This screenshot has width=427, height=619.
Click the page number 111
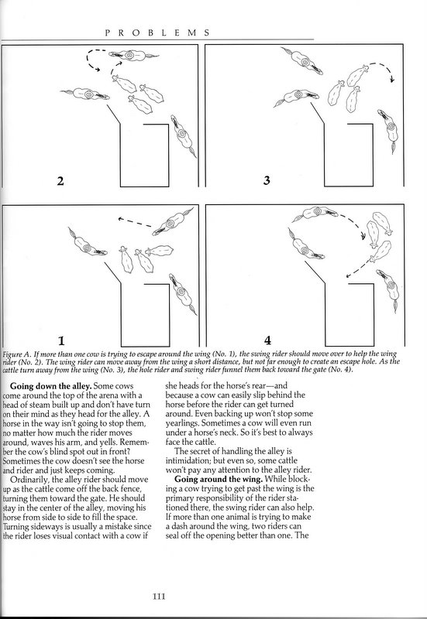click(x=159, y=596)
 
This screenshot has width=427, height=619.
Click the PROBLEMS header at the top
click(x=157, y=33)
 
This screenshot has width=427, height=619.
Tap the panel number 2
click(x=60, y=181)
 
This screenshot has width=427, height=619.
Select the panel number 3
click(x=267, y=180)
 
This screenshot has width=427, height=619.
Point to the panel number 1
click(x=61, y=340)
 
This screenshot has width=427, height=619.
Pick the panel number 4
click(x=267, y=340)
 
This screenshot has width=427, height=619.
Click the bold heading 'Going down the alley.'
click(x=50, y=386)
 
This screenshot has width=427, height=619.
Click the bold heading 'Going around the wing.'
click(x=219, y=479)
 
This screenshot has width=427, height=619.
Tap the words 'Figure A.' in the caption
click(x=16, y=354)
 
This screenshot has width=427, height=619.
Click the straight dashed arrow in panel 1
click(x=134, y=222)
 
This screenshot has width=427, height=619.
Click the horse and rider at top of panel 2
click(x=133, y=55)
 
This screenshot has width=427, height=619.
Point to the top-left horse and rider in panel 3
click(x=302, y=60)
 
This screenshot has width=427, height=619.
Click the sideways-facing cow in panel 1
click(x=160, y=251)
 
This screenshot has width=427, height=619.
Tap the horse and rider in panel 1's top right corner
click(x=172, y=222)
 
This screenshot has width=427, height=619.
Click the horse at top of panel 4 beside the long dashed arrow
click(x=315, y=214)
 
